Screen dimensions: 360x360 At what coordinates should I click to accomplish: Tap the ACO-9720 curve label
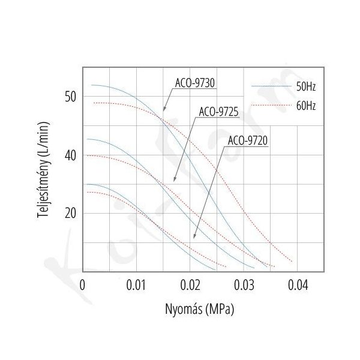click(x=248, y=142)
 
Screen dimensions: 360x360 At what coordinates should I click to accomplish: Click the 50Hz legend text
click(x=306, y=88)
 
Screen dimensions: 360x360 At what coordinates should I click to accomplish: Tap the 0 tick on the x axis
click(x=83, y=284)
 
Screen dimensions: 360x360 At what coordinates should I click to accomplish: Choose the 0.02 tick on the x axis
click(x=190, y=284)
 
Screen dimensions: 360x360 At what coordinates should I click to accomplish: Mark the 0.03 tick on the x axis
click(x=244, y=284)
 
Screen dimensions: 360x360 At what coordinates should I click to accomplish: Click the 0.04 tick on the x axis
click(x=298, y=284)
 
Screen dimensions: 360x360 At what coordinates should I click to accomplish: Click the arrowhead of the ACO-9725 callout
click(x=174, y=181)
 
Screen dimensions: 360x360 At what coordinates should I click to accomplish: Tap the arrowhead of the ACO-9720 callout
click(x=194, y=239)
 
